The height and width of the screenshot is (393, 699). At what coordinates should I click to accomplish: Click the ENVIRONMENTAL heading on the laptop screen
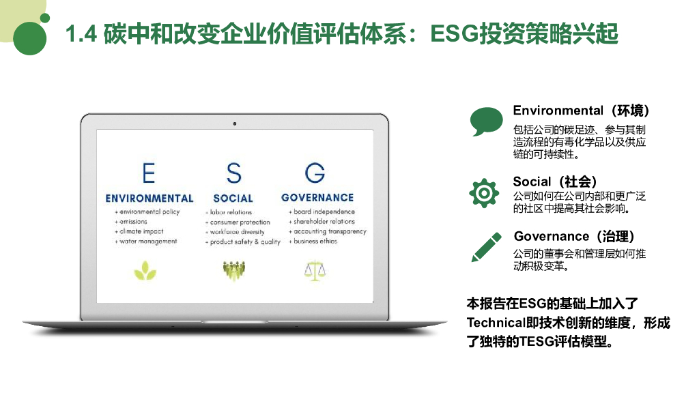tap(149, 199)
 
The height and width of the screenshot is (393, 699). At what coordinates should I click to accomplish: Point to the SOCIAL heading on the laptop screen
tap(233, 199)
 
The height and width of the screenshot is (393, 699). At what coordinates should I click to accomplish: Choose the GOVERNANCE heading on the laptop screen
tap(317, 198)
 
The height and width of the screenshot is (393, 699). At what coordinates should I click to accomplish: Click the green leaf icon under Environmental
tap(145, 271)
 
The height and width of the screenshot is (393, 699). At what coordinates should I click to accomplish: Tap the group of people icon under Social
tap(233, 270)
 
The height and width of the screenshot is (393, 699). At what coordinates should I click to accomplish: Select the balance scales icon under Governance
tap(315, 270)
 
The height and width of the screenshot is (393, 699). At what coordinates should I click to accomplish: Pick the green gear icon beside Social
tap(484, 193)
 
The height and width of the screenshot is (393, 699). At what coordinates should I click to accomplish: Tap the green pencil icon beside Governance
tap(486, 247)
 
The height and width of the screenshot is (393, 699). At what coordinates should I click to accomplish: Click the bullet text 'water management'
tap(148, 242)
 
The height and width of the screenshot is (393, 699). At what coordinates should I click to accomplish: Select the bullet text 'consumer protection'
tap(240, 222)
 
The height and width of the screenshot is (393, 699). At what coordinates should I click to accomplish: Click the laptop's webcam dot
tap(234, 123)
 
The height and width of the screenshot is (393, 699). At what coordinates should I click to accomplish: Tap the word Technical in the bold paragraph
tap(494, 322)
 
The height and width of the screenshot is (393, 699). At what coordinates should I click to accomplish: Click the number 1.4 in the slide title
tap(81, 34)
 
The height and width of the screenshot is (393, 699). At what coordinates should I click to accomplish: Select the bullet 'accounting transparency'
tap(330, 232)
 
